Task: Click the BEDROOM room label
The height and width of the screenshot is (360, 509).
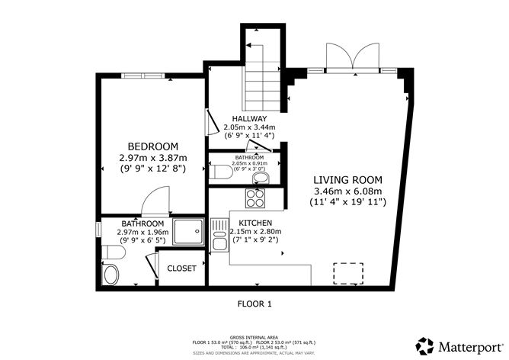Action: [152, 146]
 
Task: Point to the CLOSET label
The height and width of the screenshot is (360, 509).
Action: [181, 268]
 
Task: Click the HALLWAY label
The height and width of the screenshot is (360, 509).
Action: [249, 118]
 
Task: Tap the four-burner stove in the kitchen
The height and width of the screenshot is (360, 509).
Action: [254, 199]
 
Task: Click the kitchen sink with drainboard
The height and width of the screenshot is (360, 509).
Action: [220, 236]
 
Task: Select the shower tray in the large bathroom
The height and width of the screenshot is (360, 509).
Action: [188, 231]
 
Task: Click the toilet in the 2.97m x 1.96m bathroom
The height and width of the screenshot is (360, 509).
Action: [112, 275]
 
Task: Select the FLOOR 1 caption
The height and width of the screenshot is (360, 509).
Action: [254, 304]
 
